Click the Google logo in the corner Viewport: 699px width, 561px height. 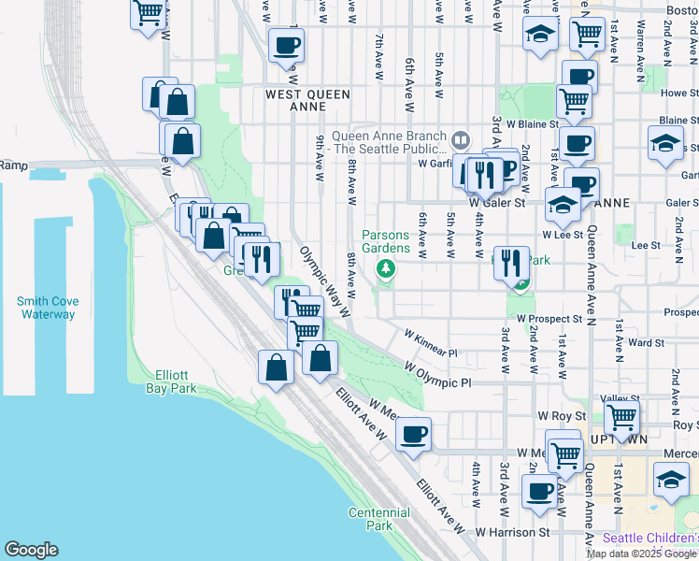point(31,550)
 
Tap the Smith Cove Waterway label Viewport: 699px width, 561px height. point(47,308)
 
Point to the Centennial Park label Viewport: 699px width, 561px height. point(378,519)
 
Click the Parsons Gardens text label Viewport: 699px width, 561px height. point(386,242)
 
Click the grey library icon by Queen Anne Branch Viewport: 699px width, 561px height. point(460,140)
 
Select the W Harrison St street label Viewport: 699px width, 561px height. point(512,532)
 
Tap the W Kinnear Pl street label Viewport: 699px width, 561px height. point(430,344)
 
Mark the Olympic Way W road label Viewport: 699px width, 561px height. point(324,280)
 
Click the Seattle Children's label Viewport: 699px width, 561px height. point(650,539)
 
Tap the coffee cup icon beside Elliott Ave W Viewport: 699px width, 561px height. point(413,433)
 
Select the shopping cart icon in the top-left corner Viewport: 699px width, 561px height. point(149,12)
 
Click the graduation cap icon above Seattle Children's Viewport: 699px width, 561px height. point(671,478)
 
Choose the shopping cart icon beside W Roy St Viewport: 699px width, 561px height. point(621,414)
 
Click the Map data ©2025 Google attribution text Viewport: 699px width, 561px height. point(642,554)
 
